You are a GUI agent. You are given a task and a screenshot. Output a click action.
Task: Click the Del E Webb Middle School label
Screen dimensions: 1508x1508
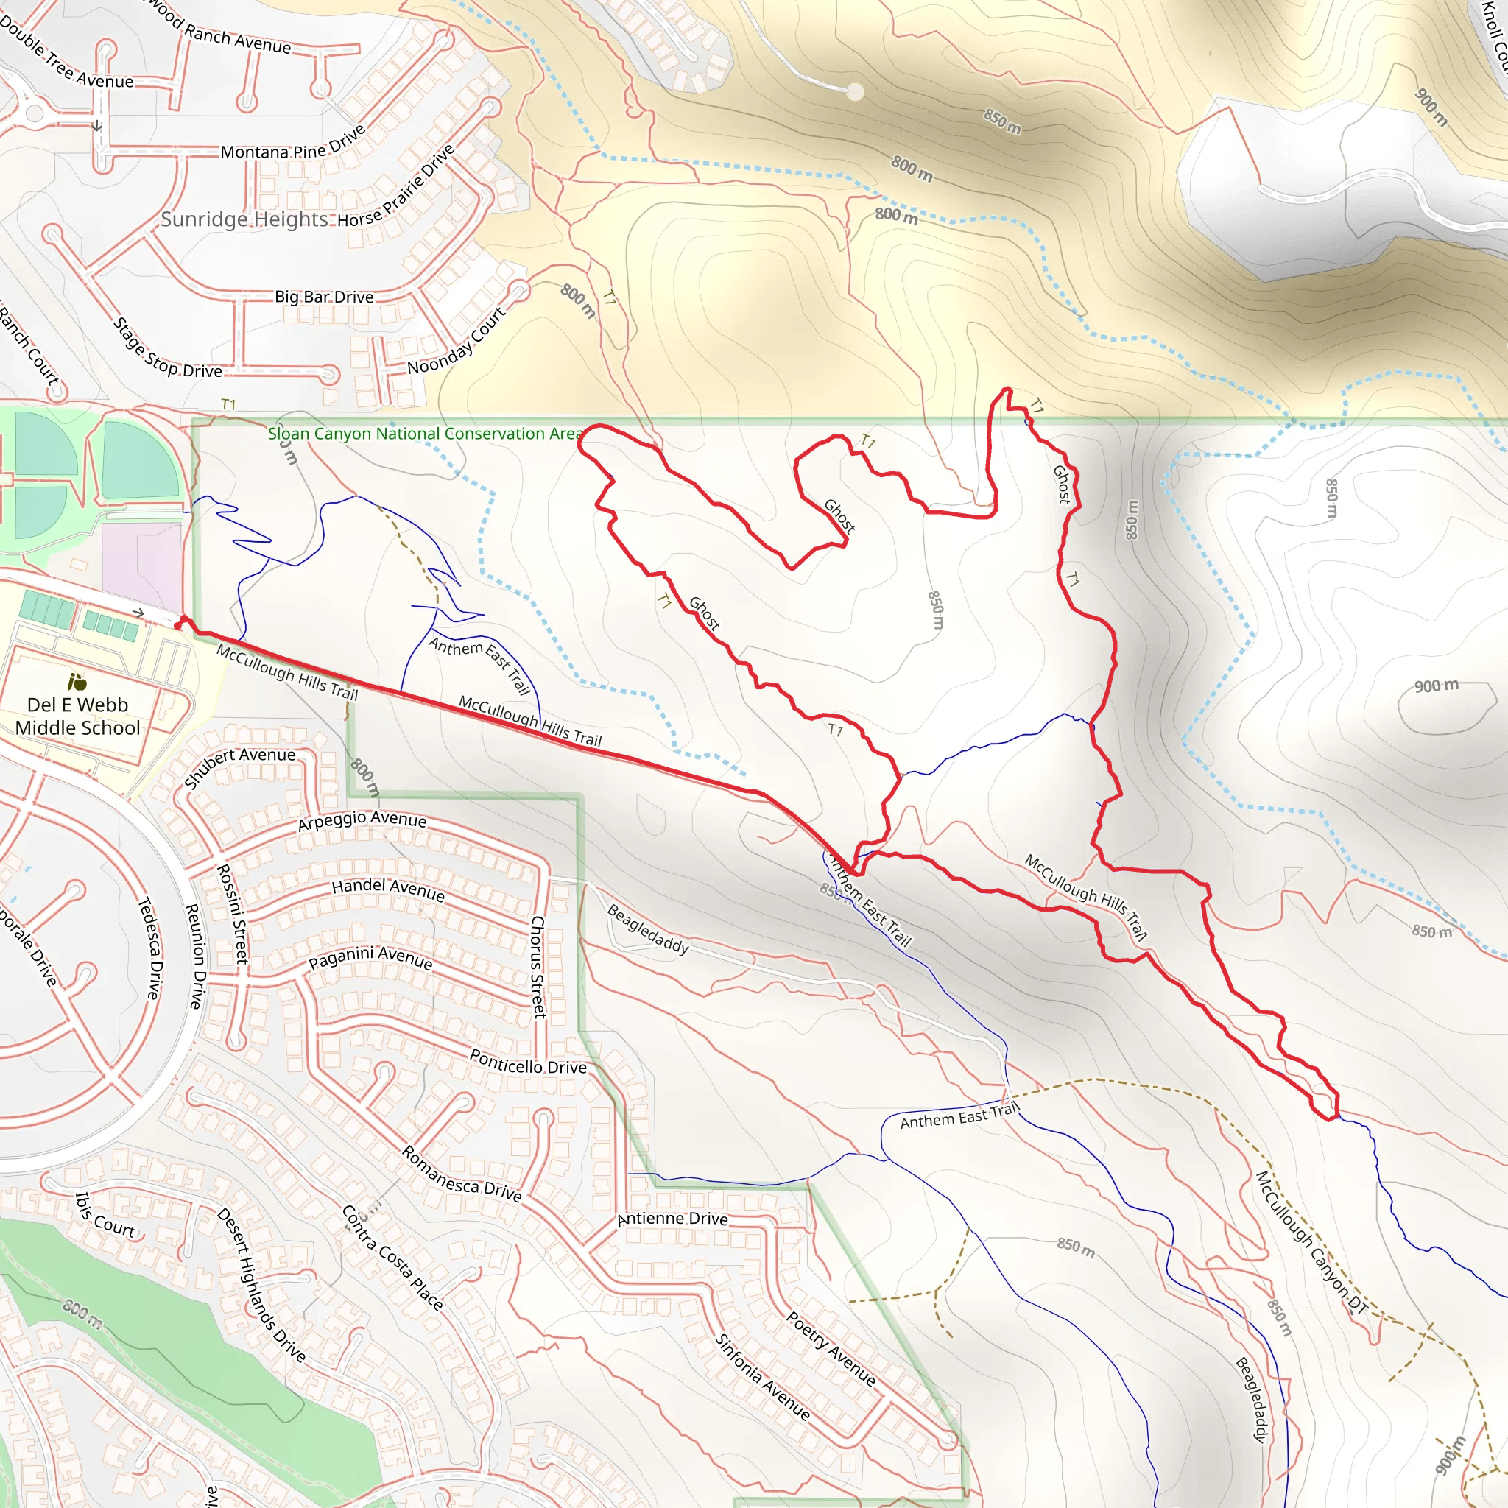pyautogui.click(x=77, y=716)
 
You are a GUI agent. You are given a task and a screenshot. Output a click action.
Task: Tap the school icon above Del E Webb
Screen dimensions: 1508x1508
pyautogui.click(x=77, y=682)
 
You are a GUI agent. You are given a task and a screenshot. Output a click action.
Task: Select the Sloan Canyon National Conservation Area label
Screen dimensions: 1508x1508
pyautogui.click(x=426, y=434)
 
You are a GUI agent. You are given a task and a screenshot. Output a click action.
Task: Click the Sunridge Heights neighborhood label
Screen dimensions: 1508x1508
pyautogui.click(x=244, y=219)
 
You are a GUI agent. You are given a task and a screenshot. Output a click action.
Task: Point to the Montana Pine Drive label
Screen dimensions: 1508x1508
pyautogui.click(x=293, y=146)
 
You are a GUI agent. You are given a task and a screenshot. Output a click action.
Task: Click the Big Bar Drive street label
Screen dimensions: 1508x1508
pyautogui.click(x=324, y=297)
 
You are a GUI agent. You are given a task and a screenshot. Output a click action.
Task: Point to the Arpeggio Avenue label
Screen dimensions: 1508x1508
pyautogui.click(x=362, y=820)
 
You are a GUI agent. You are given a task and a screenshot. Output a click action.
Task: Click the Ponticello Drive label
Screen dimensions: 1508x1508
pyautogui.click(x=528, y=1062)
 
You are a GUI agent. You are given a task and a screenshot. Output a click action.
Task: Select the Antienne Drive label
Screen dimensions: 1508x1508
pyautogui.click(x=672, y=1219)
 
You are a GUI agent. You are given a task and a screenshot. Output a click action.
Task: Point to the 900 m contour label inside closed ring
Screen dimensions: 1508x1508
pyautogui.click(x=1436, y=686)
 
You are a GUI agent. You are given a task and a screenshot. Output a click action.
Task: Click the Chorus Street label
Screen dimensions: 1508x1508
pyautogui.click(x=538, y=966)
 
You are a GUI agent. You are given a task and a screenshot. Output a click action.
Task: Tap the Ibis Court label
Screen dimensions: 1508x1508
pyautogui.click(x=105, y=1215)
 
